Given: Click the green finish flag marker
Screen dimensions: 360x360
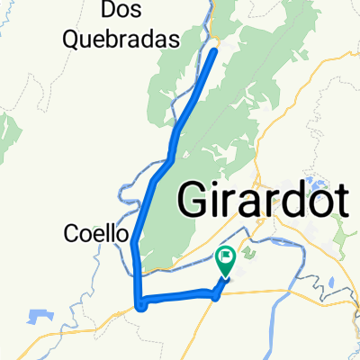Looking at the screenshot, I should tap(227, 262).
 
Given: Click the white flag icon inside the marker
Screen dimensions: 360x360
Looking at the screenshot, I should tap(227, 259).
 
